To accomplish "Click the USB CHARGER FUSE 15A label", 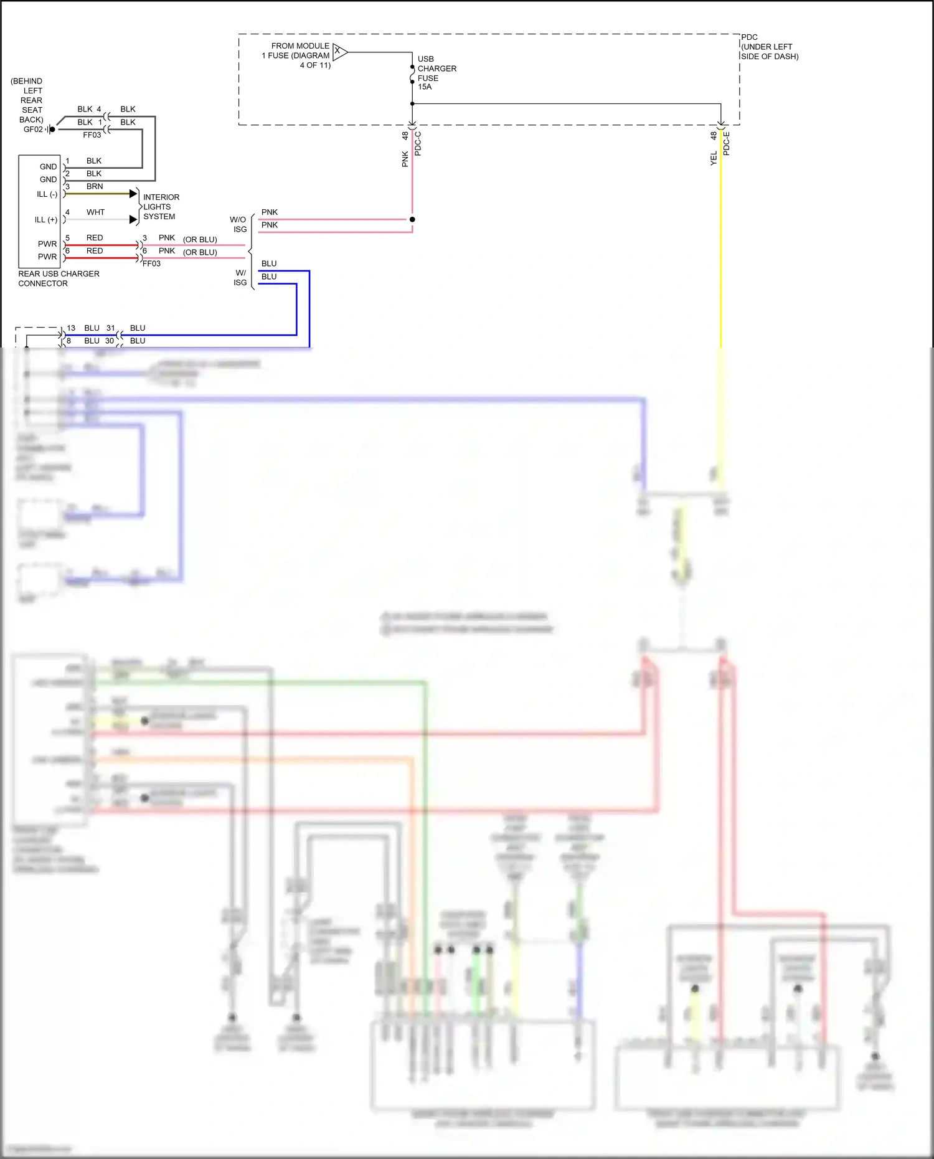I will [436, 73].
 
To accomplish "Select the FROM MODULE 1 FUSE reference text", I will [296, 55].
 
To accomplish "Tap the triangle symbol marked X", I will [339, 52].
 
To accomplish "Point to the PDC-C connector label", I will [418, 144].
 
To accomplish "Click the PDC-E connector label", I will [726, 144].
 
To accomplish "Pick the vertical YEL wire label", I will [714, 159].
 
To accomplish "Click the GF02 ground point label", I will [33, 130].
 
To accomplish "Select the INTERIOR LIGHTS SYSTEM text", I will [161, 207].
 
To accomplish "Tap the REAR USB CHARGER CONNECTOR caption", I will [59, 278].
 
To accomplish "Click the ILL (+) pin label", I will [45, 220].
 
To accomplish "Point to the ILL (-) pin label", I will [47, 194].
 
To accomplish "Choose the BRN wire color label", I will [95, 186].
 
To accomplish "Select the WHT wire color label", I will [95, 212].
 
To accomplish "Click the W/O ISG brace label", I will [238, 224].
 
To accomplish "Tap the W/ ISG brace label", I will [240, 278].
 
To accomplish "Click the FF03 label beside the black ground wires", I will [92, 135].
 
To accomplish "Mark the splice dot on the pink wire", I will [412, 219].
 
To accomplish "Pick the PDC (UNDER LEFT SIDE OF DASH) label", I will [769, 47].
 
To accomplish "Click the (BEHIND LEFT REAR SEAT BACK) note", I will [27, 100].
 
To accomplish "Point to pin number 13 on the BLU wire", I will [71, 328].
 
